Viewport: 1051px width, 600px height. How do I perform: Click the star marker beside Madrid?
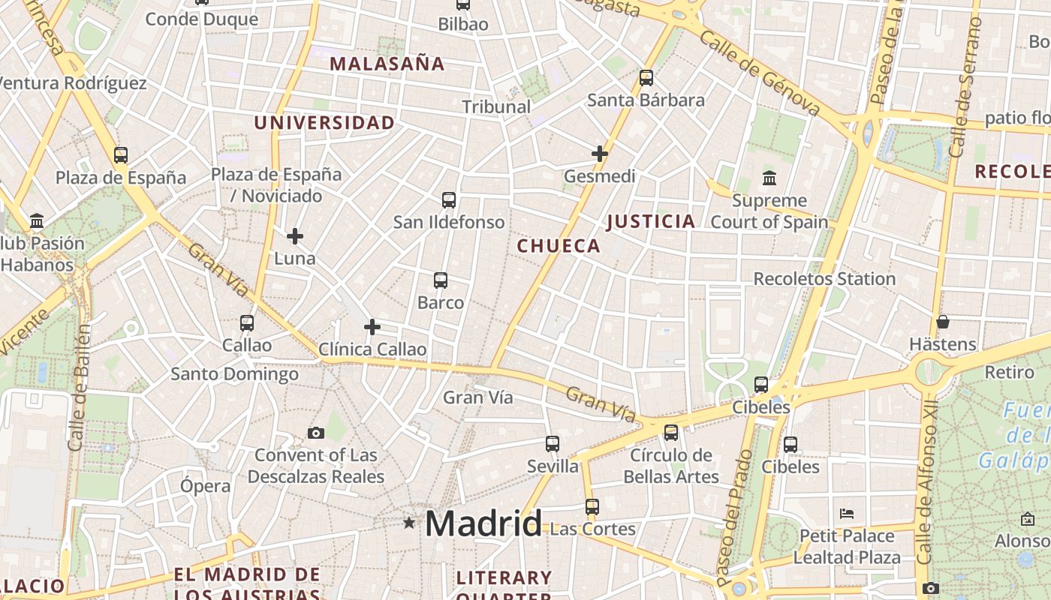pyautogui.click(x=408, y=522)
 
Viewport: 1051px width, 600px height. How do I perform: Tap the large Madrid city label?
pyautogui.click(x=483, y=523)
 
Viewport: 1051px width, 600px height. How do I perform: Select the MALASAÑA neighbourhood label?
pyautogui.click(x=387, y=64)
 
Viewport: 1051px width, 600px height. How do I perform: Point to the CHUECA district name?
pyautogui.click(x=559, y=246)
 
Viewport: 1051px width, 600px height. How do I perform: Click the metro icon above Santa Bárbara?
pyautogui.click(x=646, y=77)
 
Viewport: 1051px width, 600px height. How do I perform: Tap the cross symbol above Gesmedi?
pyautogui.click(x=599, y=154)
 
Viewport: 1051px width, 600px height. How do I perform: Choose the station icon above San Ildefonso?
pyautogui.click(x=449, y=200)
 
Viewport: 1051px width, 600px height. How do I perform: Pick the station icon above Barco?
pyautogui.click(x=441, y=280)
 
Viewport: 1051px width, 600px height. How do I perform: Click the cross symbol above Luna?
pyautogui.click(x=295, y=236)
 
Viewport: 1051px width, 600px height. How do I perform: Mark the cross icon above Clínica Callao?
pyautogui.click(x=372, y=327)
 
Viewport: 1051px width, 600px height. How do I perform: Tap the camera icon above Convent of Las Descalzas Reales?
pyautogui.click(x=316, y=433)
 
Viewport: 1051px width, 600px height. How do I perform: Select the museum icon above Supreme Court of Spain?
pyautogui.click(x=769, y=178)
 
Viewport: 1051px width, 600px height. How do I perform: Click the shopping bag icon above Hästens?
pyautogui.click(x=943, y=322)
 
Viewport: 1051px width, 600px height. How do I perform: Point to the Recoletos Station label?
pyautogui.click(x=824, y=279)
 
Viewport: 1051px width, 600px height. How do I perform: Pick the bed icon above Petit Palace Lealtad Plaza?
pyautogui.click(x=847, y=514)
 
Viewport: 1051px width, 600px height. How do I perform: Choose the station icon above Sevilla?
pyautogui.click(x=553, y=443)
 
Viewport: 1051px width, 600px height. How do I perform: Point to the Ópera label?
pyautogui.click(x=205, y=485)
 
